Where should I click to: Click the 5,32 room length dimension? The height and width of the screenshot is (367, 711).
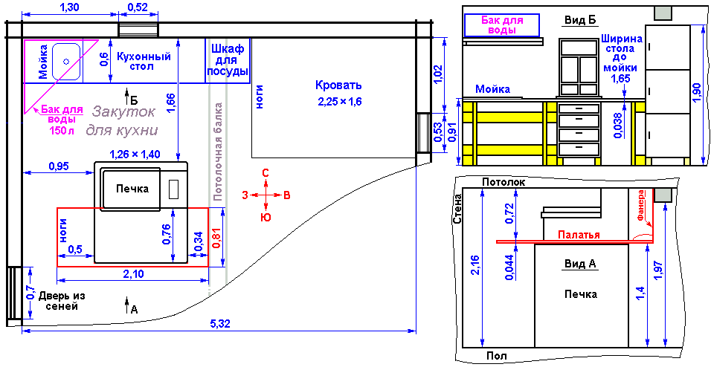tap(220, 323)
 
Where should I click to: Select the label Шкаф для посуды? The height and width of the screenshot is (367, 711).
tap(227, 60)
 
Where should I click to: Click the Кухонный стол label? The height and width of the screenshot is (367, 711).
tap(144, 62)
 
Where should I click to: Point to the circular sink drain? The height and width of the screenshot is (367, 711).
tap(66, 61)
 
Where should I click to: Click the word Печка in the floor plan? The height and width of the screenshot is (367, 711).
tap(132, 189)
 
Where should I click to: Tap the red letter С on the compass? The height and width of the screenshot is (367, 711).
tap(266, 172)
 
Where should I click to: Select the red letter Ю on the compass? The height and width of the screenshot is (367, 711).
tap(266, 218)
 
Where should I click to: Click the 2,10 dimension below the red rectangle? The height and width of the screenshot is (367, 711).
tap(132, 273)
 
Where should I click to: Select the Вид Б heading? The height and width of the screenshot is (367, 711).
tap(580, 20)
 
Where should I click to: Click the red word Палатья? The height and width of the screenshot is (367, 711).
tap(579, 235)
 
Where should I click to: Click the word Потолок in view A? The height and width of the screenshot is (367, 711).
tap(504, 182)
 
